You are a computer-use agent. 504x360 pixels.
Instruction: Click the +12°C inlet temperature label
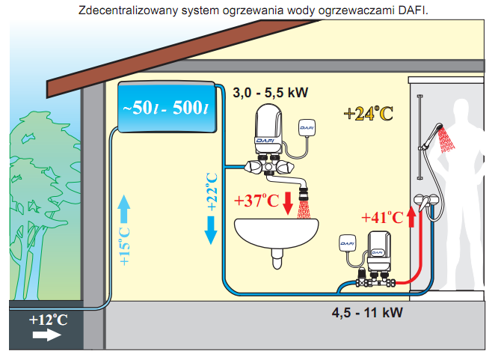tap(49, 320)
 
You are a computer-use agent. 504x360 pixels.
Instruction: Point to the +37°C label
tap(256, 201)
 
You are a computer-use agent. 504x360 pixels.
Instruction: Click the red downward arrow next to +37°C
tap(288, 202)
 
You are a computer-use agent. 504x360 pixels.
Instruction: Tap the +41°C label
tap(382, 218)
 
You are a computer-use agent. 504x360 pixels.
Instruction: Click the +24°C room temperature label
tap(369, 113)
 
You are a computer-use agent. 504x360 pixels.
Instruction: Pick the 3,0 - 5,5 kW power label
tap(271, 93)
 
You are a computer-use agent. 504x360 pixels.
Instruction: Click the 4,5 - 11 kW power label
tap(368, 311)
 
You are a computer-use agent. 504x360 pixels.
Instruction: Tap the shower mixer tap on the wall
tap(427, 201)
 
